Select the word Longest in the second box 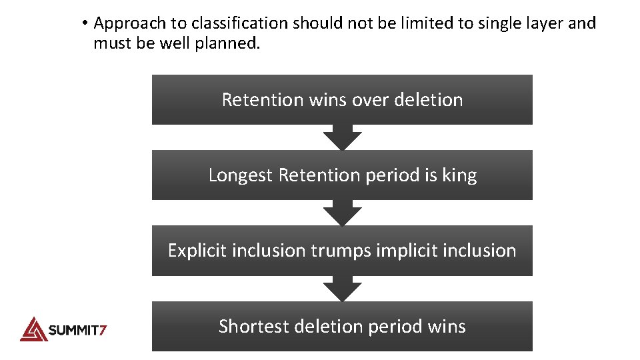tap(241, 175)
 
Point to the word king tap(460, 175)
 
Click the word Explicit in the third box tap(193, 251)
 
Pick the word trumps tap(341, 251)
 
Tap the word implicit tap(405, 251)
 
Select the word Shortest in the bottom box tap(254, 327)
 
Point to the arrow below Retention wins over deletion tap(342, 138)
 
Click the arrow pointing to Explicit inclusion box tap(342, 213)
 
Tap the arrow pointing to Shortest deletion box tap(342, 289)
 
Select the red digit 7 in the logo tap(103, 329)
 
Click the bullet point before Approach tap(85, 24)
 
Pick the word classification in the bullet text tap(247, 23)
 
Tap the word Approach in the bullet tap(129, 24)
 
